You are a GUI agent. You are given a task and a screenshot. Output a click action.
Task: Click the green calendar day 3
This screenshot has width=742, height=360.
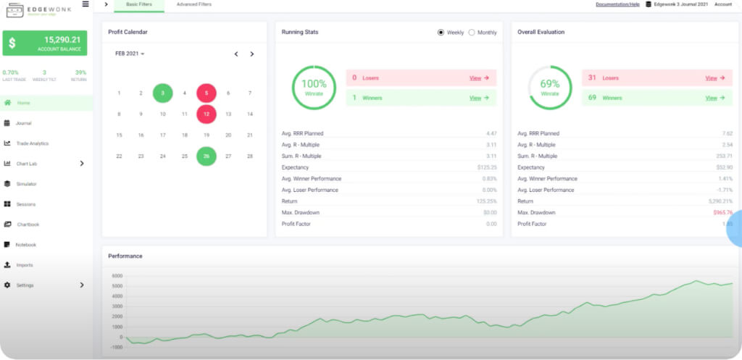tap(163, 93)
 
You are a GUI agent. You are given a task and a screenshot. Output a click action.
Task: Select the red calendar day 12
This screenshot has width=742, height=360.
tap(207, 114)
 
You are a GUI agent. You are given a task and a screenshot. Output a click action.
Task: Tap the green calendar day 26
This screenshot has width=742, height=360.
tap(207, 156)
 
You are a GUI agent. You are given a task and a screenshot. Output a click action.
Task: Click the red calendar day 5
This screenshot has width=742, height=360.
tap(207, 93)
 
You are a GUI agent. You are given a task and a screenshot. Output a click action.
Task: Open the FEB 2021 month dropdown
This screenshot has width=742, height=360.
tap(130, 54)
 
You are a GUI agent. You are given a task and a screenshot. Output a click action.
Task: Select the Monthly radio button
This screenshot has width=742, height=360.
tap(472, 33)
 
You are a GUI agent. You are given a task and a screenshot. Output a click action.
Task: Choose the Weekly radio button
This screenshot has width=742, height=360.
tap(441, 33)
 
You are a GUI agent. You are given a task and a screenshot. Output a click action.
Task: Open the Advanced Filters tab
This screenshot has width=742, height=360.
tap(194, 4)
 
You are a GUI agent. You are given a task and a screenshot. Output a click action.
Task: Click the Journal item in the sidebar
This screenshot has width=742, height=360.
tap(24, 123)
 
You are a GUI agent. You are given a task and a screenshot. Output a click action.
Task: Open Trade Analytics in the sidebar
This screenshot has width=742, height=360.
tap(32, 143)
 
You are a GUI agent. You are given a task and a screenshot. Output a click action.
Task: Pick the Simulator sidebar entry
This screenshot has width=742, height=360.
tap(26, 184)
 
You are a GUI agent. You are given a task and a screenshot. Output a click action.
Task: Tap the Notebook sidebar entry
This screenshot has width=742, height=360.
tap(26, 245)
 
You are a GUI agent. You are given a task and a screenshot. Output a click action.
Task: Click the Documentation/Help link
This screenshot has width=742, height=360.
tap(617, 4)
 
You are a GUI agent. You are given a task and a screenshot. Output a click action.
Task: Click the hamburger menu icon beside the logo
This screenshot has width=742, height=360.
tap(86, 4)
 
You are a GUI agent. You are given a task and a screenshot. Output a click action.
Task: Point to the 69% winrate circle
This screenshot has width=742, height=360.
tap(550, 88)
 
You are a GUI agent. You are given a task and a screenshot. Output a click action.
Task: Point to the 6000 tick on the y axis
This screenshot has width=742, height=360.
tap(117, 276)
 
